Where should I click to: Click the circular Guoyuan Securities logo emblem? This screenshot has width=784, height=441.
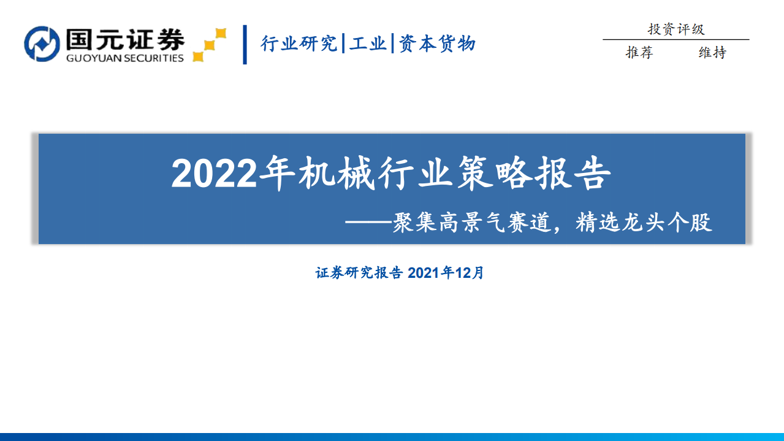[x=42, y=44]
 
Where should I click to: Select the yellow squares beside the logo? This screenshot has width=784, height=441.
[x=209, y=45]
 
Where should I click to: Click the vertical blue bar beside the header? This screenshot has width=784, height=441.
[x=245, y=44]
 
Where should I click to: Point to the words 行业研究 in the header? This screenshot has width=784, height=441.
[x=299, y=44]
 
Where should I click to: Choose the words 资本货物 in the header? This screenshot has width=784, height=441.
[x=437, y=44]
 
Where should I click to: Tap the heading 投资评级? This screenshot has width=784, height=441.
[x=676, y=29]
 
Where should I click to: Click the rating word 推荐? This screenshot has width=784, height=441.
[x=639, y=53]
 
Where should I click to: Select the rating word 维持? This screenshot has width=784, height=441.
[x=712, y=53]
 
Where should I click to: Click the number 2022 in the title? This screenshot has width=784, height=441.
[x=213, y=175]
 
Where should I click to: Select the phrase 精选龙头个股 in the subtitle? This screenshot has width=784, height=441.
[x=644, y=223]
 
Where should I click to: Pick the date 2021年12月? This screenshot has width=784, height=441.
[x=446, y=273]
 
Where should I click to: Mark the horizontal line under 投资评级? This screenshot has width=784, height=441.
[x=676, y=40]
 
